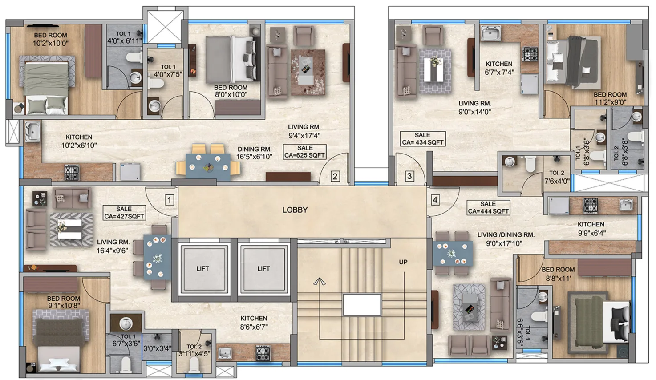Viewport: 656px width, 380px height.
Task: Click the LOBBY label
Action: click(295, 210)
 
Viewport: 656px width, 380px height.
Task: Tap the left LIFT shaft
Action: click(202, 268)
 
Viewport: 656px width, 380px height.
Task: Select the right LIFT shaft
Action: click(263, 268)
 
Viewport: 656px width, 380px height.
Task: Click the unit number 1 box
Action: click(169, 200)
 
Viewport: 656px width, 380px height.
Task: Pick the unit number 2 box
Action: click(335, 177)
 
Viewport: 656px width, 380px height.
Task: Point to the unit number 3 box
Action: click(409, 176)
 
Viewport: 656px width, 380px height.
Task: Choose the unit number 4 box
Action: click(435, 200)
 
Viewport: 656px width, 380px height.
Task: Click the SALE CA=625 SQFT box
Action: click(305, 152)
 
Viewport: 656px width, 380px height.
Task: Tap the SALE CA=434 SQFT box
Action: click(422, 139)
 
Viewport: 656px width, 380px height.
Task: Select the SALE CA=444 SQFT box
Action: click(488, 208)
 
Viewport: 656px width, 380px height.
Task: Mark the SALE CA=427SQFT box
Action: click(124, 213)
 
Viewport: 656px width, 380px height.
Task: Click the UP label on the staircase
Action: click(403, 262)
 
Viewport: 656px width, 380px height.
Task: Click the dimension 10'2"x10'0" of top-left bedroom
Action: click(50, 44)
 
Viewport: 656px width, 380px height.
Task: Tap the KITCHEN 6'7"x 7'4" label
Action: click(499, 68)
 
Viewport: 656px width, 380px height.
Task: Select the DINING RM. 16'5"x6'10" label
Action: click(254, 153)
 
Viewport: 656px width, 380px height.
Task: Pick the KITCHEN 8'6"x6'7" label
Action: click(254, 323)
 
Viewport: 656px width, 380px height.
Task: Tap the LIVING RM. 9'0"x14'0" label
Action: click(474, 108)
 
